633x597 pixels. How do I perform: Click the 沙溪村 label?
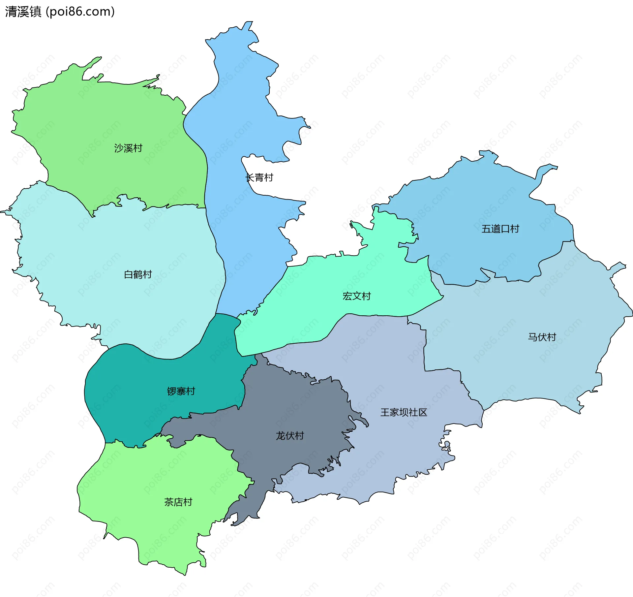(128, 148)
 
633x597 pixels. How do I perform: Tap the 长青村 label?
(259, 177)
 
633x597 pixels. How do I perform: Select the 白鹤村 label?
(138, 274)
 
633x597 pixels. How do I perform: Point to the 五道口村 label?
(500, 229)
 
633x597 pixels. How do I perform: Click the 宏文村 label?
(357, 296)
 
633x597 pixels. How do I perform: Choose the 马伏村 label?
(542, 337)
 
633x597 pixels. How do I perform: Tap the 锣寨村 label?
(181, 391)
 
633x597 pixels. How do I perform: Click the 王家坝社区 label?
(404, 412)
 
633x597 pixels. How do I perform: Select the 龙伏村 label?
(290, 436)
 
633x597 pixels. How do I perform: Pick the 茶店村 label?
(178, 502)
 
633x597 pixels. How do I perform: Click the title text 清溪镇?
(23, 12)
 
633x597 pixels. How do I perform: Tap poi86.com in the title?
(80, 12)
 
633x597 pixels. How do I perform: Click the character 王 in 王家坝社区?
(385, 412)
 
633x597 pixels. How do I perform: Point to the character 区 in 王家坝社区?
(423, 412)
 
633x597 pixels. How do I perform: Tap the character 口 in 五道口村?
(505, 229)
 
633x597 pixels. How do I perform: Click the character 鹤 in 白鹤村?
(138, 274)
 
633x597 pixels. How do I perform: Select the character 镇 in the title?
(35, 12)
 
